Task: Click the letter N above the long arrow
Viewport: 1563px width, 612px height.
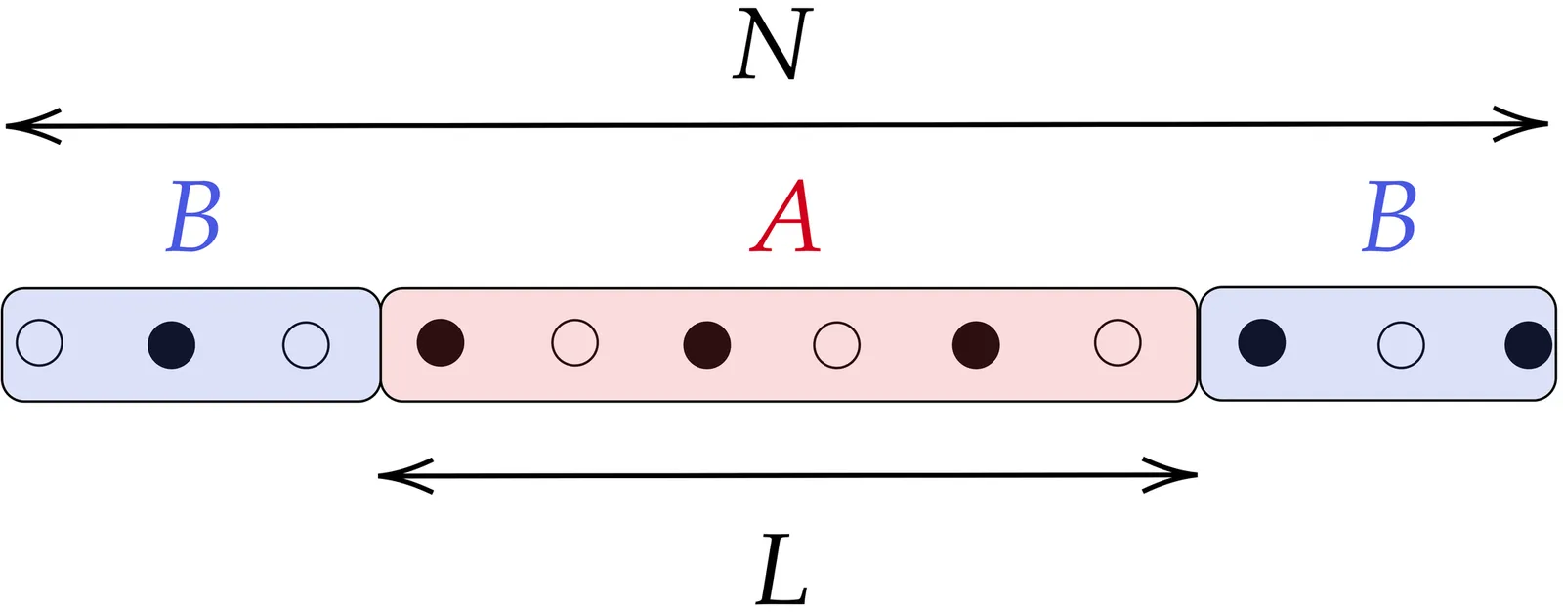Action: click(773, 45)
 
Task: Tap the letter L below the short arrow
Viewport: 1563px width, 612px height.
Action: click(781, 569)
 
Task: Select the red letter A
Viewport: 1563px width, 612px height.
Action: click(785, 217)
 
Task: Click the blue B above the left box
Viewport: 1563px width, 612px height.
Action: click(193, 217)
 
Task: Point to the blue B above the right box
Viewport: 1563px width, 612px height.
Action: click(1389, 217)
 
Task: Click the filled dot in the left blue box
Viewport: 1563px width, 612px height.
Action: click(172, 344)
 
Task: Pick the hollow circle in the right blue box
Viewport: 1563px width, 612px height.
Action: click(1401, 344)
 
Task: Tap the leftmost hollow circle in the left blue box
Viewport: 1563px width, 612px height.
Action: click(40, 343)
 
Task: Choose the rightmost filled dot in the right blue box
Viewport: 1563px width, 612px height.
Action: click(1529, 344)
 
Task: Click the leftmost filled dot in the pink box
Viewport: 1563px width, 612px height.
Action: click(441, 343)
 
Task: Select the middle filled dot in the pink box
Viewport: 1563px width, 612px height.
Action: click(707, 344)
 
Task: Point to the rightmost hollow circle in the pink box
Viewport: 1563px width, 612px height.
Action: click(1118, 343)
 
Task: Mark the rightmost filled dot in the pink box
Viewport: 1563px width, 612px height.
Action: click(976, 344)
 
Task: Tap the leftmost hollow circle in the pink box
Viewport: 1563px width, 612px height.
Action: click(574, 343)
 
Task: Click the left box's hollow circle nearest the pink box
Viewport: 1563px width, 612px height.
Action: click(306, 344)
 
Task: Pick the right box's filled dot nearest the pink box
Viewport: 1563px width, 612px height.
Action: click(1262, 343)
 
